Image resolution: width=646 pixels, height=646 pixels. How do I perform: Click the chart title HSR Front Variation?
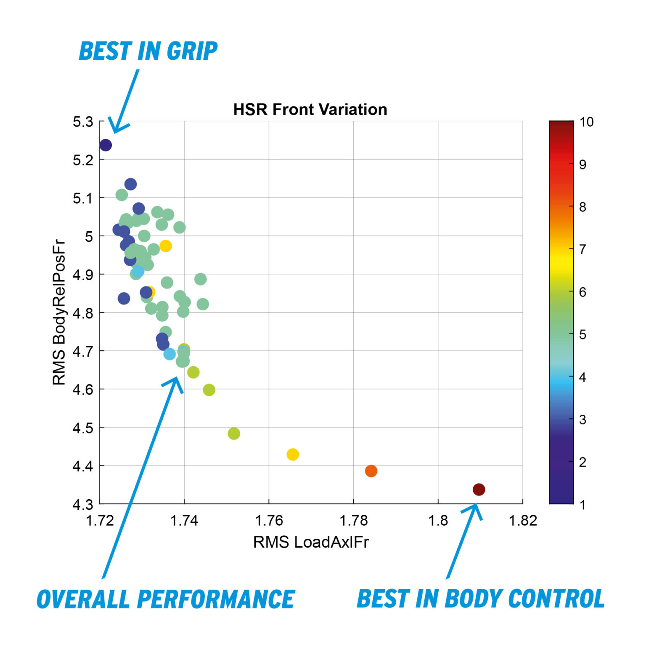[x=310, y=109]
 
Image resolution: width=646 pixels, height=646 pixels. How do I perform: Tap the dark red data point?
[x=479, y=489]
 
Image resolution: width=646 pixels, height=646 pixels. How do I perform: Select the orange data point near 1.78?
[x=371, y=471]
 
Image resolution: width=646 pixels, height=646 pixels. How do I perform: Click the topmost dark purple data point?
[x=106, y=145]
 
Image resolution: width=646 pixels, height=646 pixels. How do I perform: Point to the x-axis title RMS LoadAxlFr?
[x=311, y=542]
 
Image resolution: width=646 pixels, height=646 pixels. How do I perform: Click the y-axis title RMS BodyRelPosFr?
[x=59, y=312]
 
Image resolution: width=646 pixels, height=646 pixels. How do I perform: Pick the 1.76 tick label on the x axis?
[x=269, y=521]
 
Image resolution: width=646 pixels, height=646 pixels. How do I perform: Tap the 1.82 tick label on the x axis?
[x=523, y=521]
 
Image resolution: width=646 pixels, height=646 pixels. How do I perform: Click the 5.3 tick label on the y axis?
[x=83, y=122]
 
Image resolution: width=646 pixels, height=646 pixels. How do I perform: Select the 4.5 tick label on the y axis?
[x=83, y=428]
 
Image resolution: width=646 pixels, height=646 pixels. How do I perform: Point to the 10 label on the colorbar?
[x=586, y=122]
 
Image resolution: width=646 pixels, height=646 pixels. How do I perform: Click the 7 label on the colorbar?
[x=582, y=249]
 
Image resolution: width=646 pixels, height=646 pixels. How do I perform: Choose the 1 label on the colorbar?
[x=582, y=504]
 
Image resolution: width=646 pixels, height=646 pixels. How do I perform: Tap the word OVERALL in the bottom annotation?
[x=83, y=599]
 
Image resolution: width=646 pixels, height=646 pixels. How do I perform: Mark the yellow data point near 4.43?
[x=293, y=454]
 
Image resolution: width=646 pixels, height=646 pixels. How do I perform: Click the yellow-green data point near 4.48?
[x=234, y=434]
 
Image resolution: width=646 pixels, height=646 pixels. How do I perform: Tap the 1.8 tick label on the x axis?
[x=438, y=521]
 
